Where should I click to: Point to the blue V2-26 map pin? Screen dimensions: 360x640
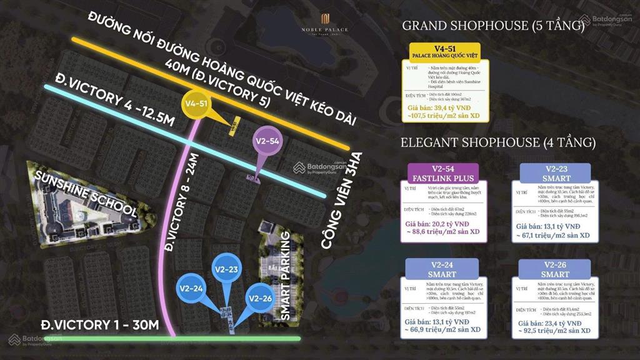pos(260,297)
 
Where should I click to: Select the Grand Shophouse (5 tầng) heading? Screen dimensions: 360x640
pos(493,26)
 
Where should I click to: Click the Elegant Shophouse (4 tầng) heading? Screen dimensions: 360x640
pos(498,142)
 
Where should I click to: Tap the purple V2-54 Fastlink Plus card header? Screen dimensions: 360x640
pos(443,171)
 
